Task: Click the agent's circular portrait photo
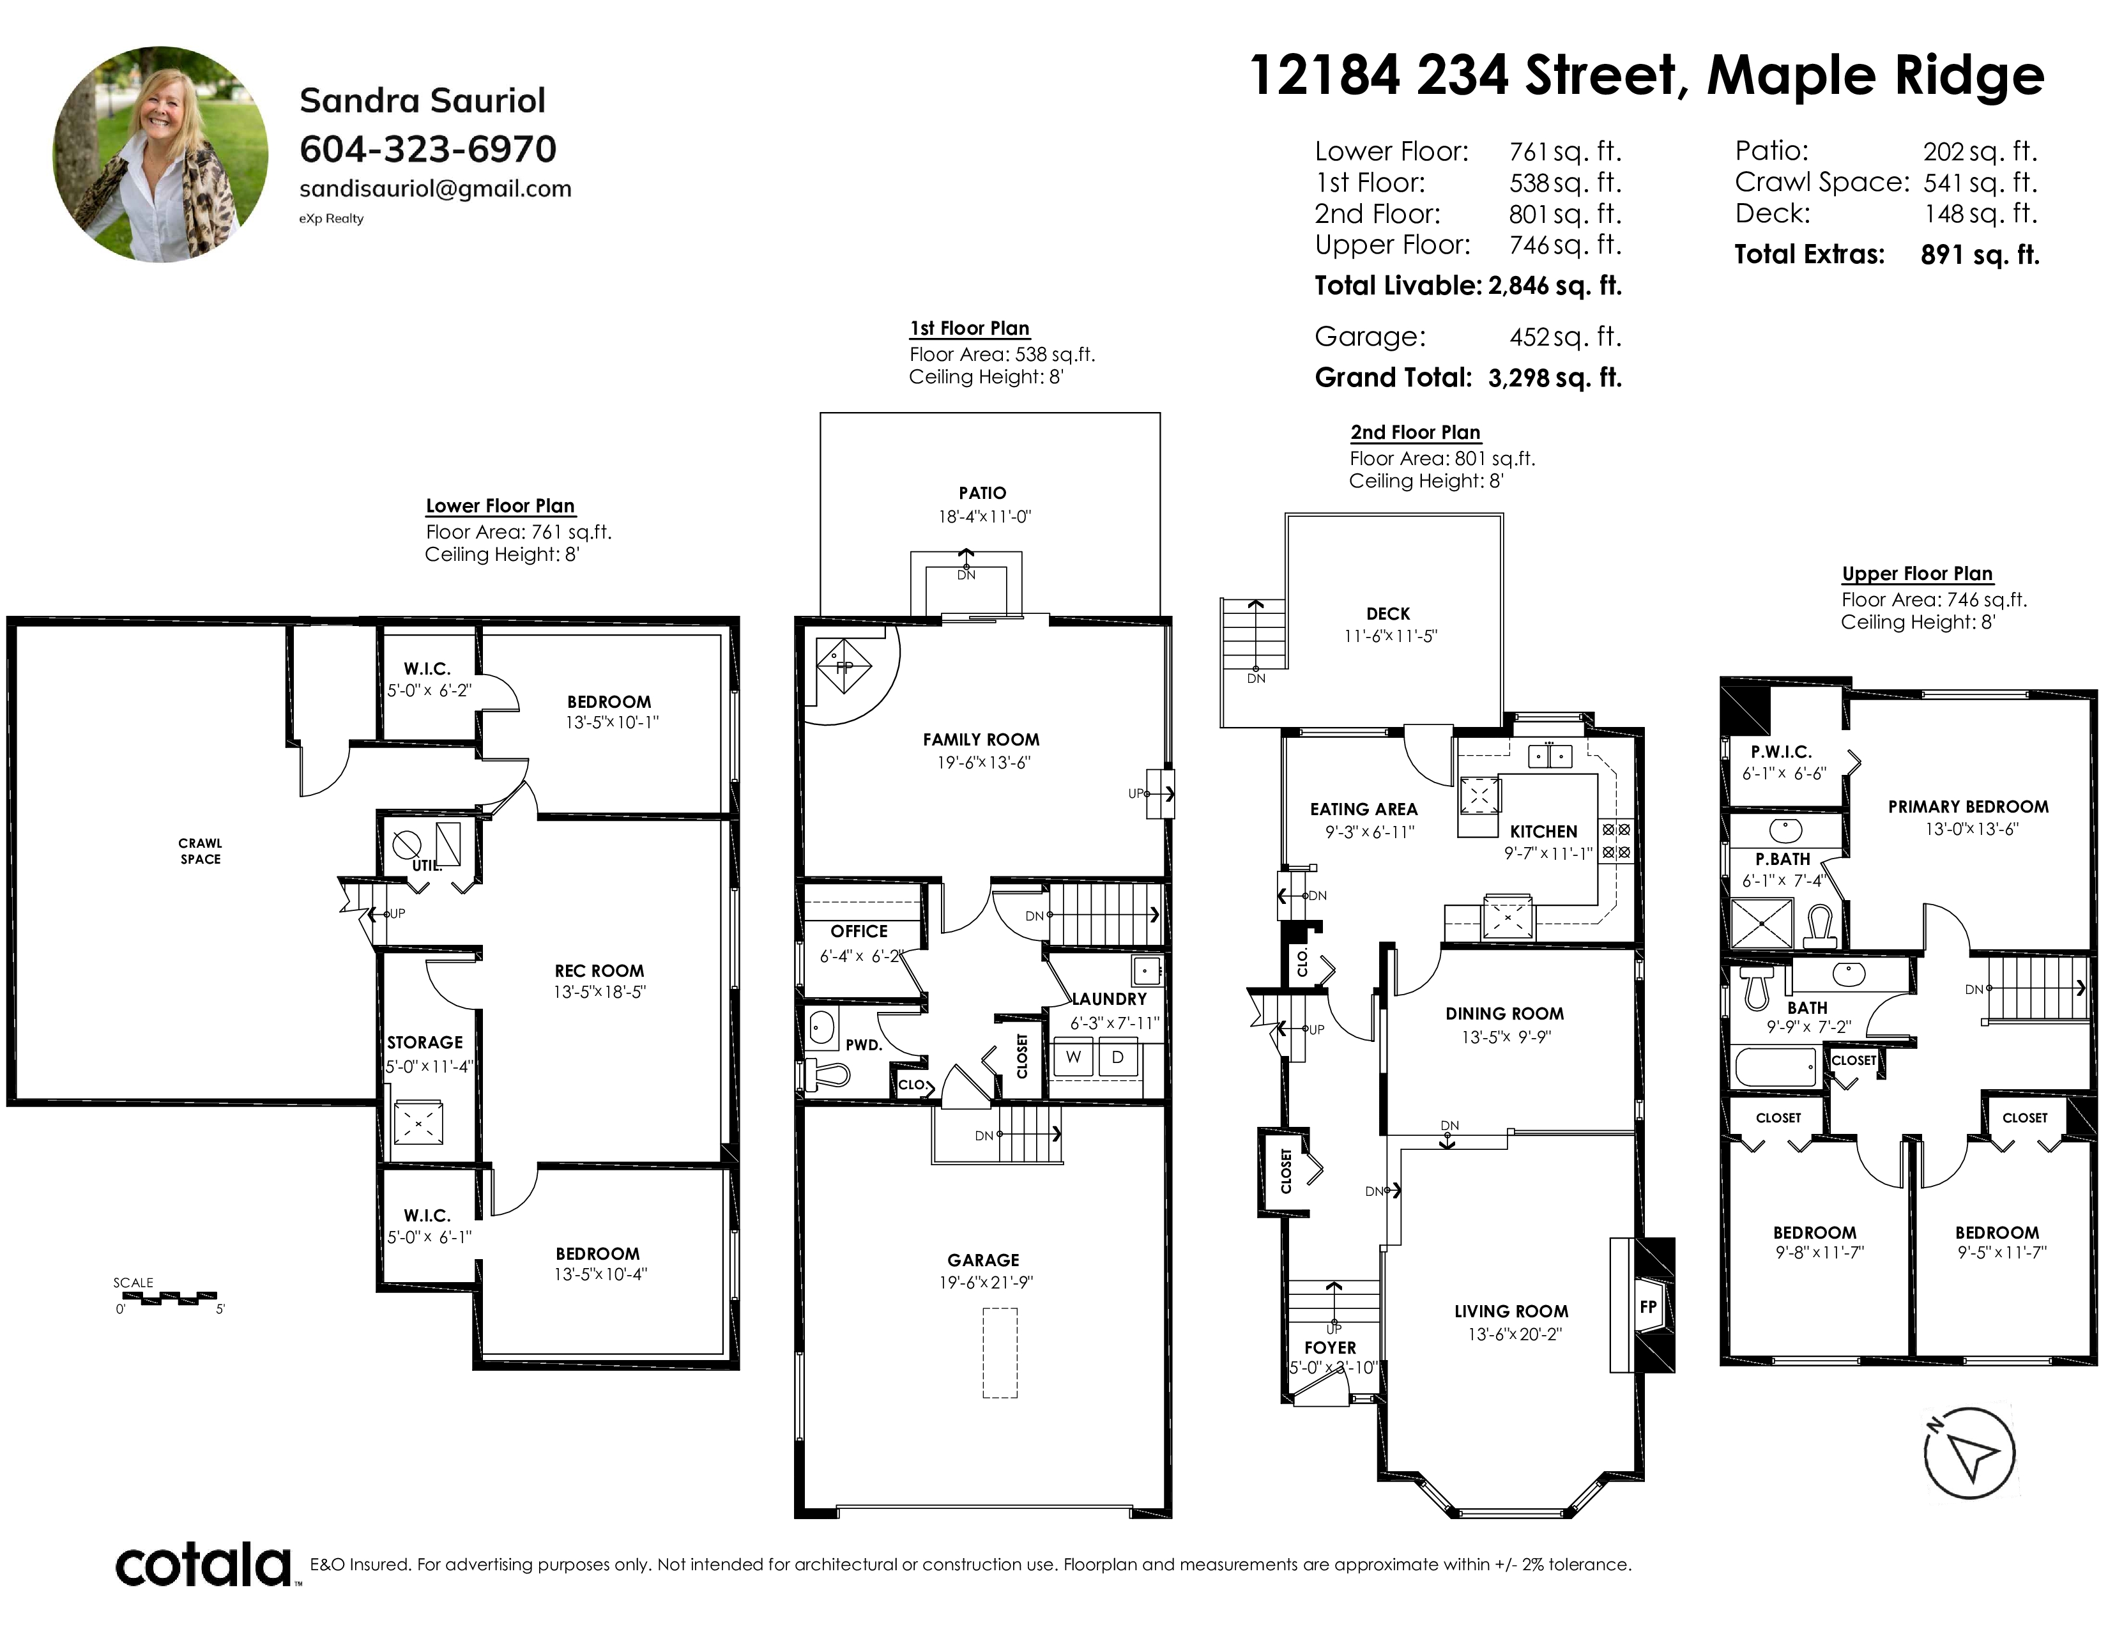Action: point(161,155)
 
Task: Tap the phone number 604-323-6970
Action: point(427,149)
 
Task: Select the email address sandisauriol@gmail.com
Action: point(435,189)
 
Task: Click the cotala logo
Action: point(204,1565)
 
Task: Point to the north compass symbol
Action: point(1969,1453)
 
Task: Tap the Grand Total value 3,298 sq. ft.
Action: point(1555,378)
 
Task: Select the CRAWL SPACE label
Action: point(200,851)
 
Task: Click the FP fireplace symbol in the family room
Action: point(844,665)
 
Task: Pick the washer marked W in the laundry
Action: point(1073,1057)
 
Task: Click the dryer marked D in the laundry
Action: point(1118,1057)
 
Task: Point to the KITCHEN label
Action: point(1543,831)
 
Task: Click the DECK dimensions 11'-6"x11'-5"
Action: point(1391,636)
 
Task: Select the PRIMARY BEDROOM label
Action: point(1968,806)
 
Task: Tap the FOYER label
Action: point(1330,1347)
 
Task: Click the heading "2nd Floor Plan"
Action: point(1415,432)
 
